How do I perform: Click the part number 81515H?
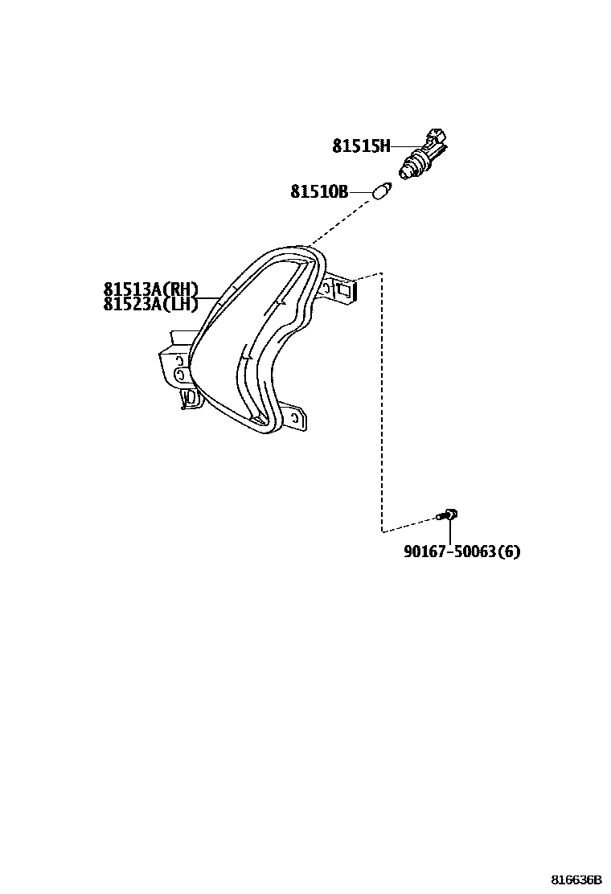pos(361,146)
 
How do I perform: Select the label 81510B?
pos(319,192)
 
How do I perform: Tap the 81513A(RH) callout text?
pos(150,290)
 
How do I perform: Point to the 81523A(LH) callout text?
pos(150,304)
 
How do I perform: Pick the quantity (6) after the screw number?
pos(509,552)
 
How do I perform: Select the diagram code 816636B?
pos(576,880)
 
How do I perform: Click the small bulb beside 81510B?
pos(382,193)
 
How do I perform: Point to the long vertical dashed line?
pos(381,402)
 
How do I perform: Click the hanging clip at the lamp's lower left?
pos(188,398)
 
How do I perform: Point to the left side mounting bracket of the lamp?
pos(173,366)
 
